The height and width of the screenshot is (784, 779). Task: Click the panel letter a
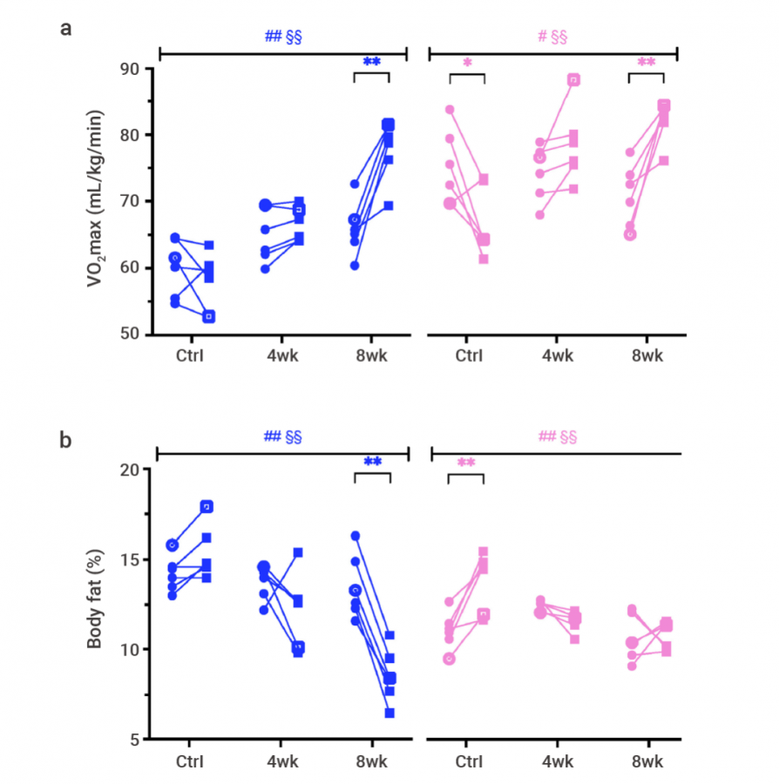click(65, 29)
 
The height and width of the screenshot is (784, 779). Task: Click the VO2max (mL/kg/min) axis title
click(95, 199)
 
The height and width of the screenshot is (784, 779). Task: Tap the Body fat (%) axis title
click(95, 603)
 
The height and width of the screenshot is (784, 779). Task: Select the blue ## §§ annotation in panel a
click(283, 37)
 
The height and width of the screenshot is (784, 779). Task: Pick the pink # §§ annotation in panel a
click(552, 37)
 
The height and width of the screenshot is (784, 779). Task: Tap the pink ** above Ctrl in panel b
click(465, 463)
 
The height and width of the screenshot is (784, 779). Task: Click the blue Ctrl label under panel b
click(189, 761)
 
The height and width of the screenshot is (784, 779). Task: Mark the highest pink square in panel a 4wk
click(573, 80)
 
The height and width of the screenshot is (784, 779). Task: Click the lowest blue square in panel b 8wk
click(389, 713)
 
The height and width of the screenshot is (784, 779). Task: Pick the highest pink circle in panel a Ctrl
click(450, 110)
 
